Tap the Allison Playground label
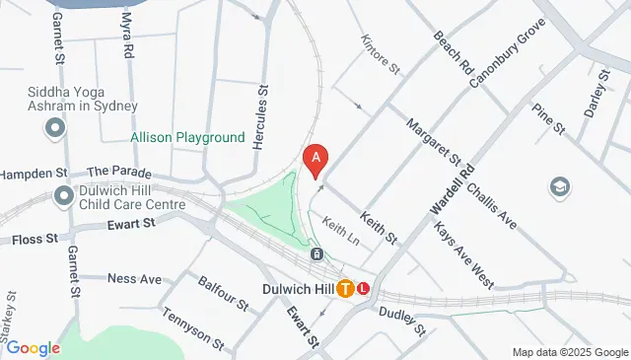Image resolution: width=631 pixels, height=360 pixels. tap(187, 138)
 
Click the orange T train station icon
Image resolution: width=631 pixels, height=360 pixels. tap(345, 289)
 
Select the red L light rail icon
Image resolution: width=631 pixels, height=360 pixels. tap(364, 289)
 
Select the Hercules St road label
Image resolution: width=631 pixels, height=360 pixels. tap(261, 116)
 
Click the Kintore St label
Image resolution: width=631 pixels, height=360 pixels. tap(381, 57)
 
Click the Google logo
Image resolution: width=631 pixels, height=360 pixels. tap(33, 348)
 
